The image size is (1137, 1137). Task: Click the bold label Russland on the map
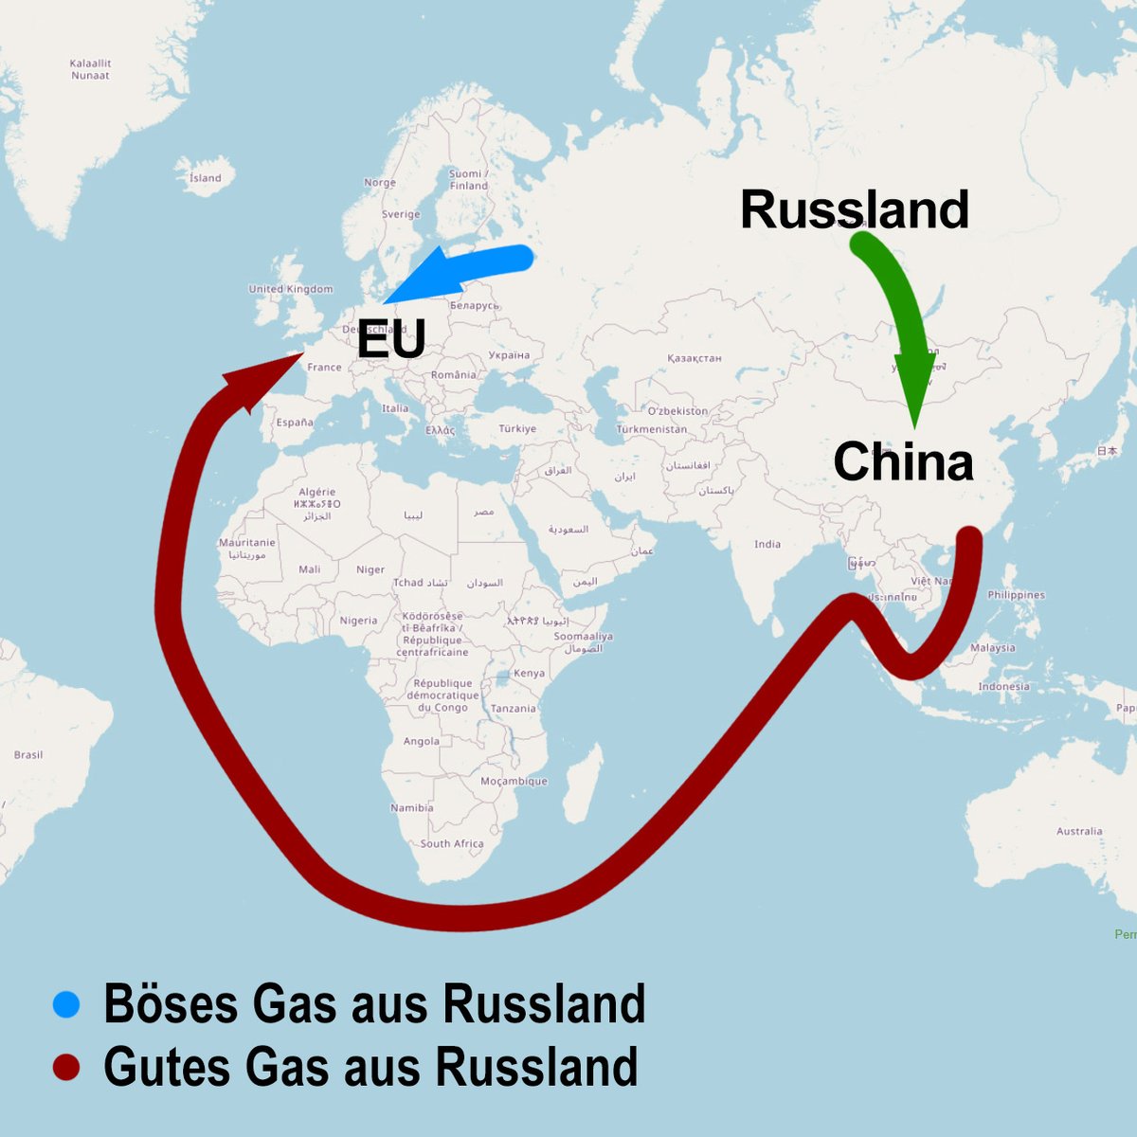tap(854, 209)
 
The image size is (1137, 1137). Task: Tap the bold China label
tap(903, 462)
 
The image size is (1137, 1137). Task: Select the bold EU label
tap(390, 338)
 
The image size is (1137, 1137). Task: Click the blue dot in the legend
tap(66, 1004)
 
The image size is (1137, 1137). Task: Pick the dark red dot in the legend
tap(66, 1067)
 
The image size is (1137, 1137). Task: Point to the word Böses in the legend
tap(171, 1004)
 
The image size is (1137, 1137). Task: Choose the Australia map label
tap(1079, 831)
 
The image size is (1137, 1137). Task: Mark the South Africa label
tap(452, 843)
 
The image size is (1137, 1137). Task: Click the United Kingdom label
tap(291, 289)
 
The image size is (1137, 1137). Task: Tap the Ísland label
tap(205, 177)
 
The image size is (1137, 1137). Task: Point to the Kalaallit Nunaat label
tap(90, 69)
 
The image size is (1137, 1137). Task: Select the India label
tap(767, 544)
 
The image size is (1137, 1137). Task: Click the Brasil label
tap(28, 754)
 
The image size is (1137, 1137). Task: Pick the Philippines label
tap(1016, 595)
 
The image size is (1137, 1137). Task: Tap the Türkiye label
tap(517, 428)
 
